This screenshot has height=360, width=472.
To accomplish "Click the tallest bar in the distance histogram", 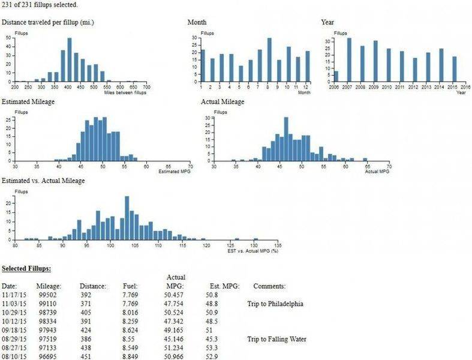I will pos(69,60).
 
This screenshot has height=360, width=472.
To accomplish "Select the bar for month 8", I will pos(269,60).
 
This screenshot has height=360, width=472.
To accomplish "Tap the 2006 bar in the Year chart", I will pos(336,76).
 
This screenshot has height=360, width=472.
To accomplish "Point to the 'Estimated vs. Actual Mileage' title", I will pos(43,181).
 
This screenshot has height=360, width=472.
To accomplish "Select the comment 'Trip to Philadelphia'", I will pos(275,304).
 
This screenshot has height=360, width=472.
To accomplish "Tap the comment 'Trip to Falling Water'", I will pos(276,339).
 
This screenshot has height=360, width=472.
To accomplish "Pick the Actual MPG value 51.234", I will pos(177,348).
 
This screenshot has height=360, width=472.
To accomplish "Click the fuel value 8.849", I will pos(130,357).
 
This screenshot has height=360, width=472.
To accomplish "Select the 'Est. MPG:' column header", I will pos(223,286).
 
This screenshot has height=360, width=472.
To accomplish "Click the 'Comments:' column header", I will pos(269,286).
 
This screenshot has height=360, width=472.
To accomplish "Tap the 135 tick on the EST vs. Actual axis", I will pos(277,246).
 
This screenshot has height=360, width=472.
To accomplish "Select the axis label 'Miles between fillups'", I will pos(130,92).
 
